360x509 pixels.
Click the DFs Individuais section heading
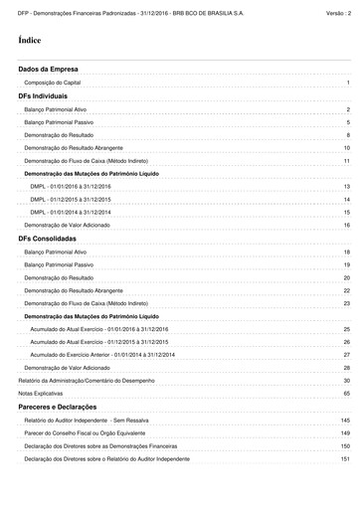coord(43,96)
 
